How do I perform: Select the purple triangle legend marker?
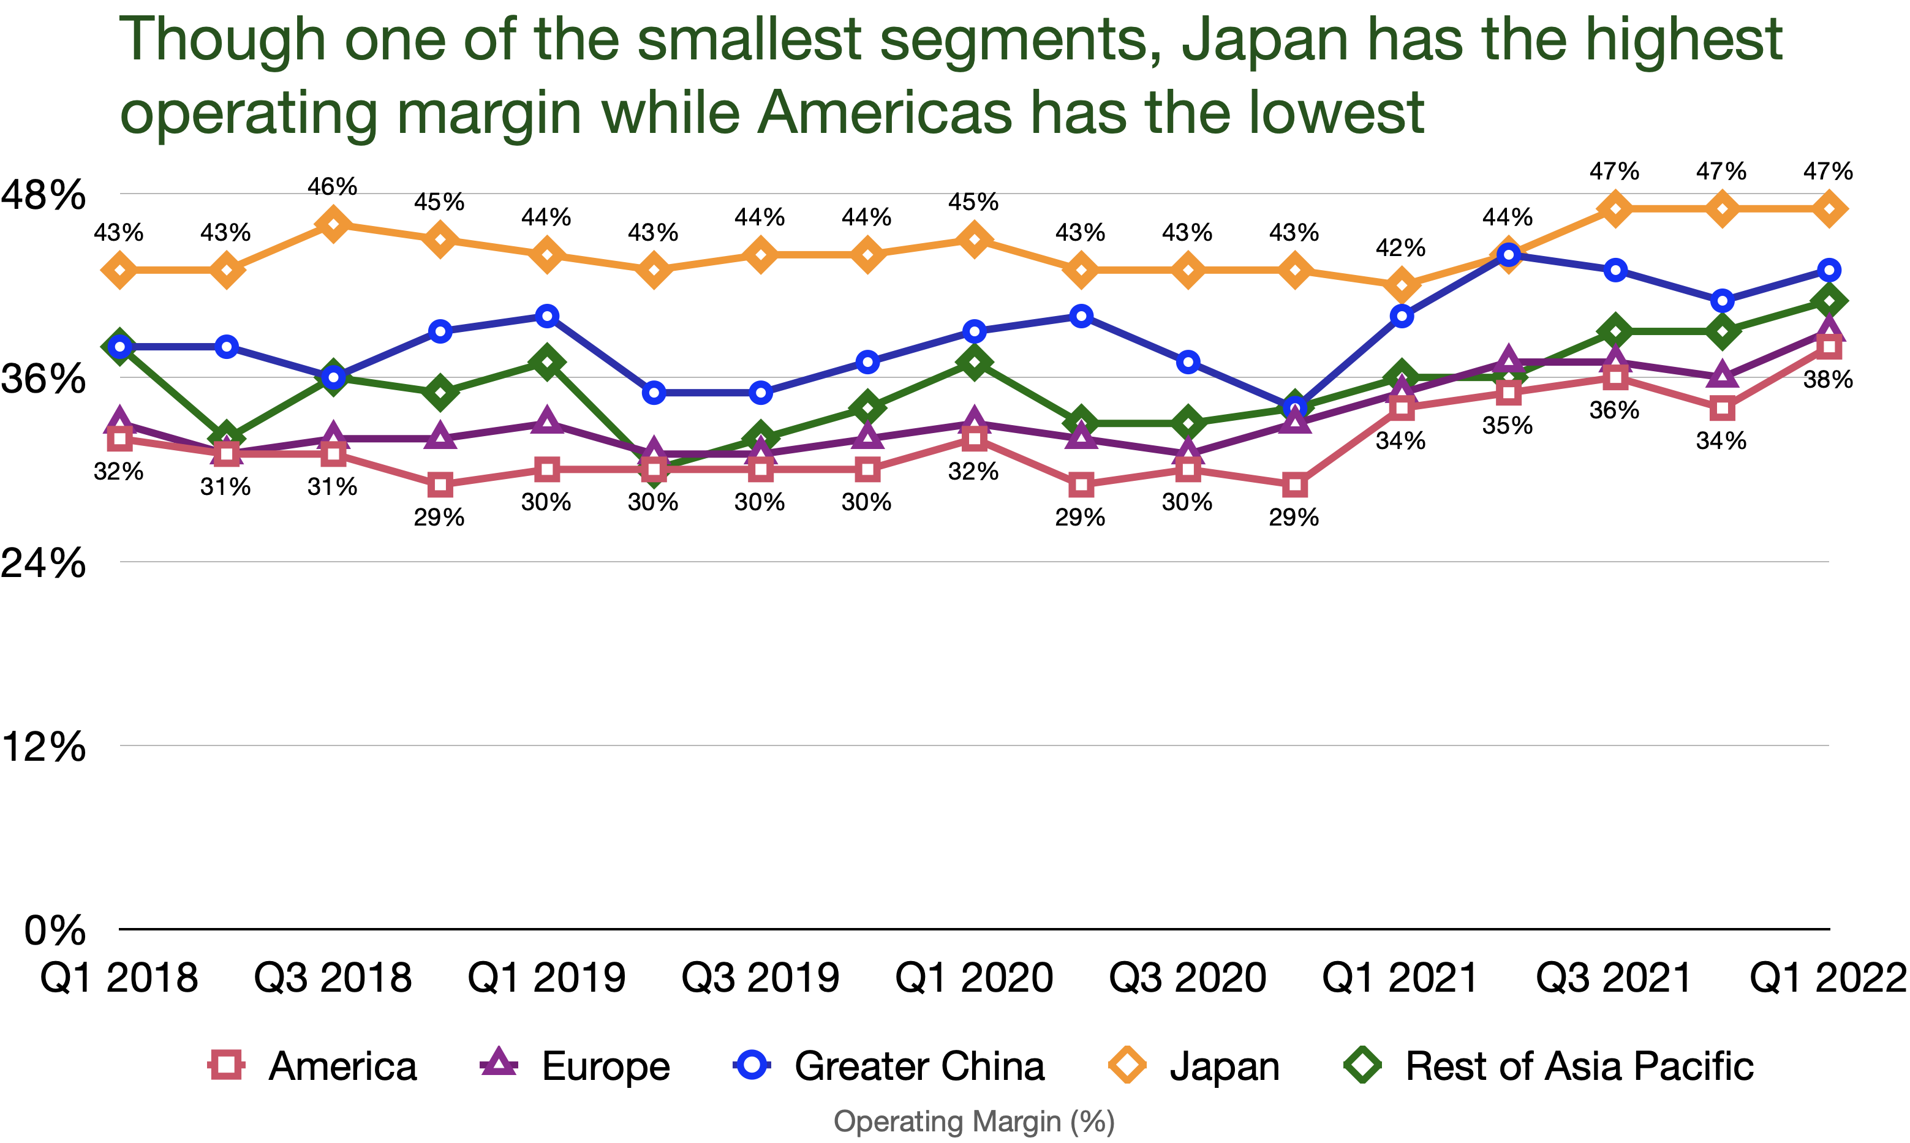click(498, 1063)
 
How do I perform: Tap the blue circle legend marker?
click(752, 1065)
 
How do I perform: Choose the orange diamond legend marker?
click(1127, 1065)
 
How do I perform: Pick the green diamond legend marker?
click(1362, 1065)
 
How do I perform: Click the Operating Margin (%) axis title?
click(974, 1122)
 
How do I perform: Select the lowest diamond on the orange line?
click(1402, 285)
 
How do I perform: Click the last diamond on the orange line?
click(1829, 209)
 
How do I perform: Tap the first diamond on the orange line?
click(120, 270)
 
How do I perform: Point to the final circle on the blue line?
click(1829, 270)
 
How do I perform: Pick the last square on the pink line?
click(1829, 347)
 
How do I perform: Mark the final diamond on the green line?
click(1829, 300)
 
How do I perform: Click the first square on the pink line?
click(120, 439)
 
